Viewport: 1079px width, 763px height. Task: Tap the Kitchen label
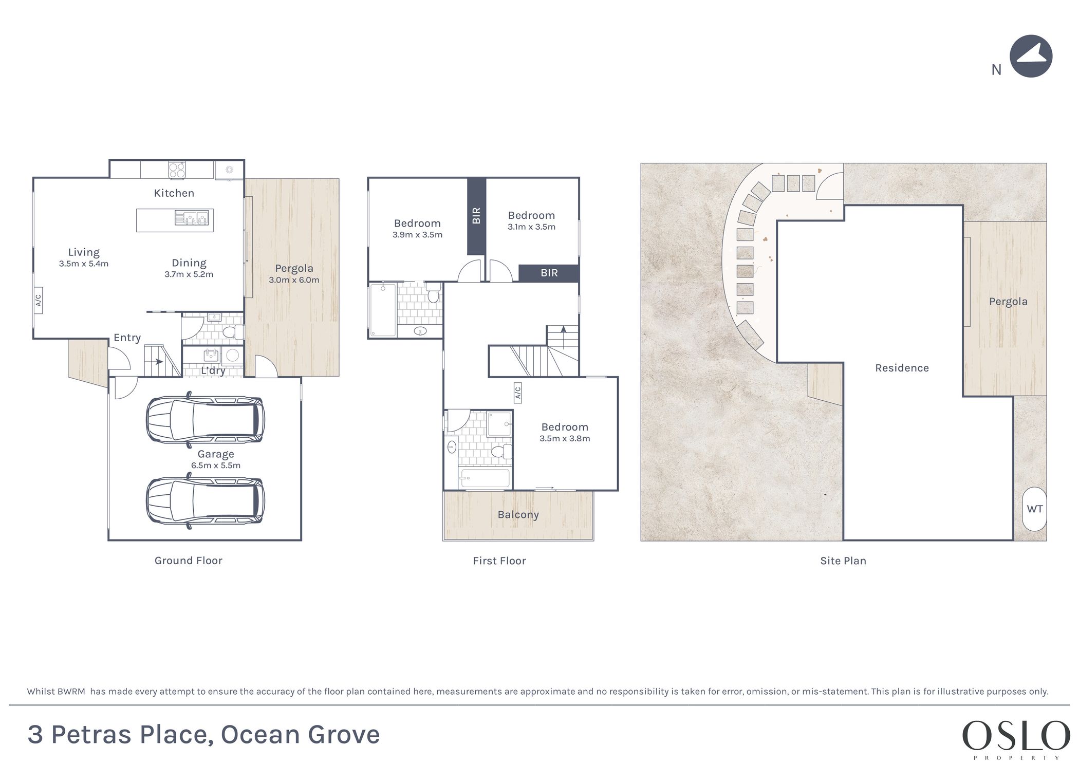point(174,193)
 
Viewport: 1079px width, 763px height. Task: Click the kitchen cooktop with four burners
point(177,170)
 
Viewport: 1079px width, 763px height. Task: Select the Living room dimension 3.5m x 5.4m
point(84,264)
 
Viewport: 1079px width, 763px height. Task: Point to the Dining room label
point(189,263)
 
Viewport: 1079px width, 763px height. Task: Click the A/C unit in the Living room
point(38,300)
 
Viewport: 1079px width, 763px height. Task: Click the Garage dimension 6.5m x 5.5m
point(216,466)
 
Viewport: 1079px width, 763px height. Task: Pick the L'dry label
point(213,370)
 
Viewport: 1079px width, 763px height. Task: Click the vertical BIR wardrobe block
point(476,216)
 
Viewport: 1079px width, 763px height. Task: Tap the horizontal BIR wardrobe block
point(549,273)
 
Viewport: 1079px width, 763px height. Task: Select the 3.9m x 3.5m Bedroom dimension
point(417,235)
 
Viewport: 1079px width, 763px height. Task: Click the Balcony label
point(518,515)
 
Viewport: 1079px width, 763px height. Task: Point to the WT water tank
point(1034,509)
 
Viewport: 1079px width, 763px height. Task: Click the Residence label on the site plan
point(902,368)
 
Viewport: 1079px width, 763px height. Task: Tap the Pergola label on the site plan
point(1008,302)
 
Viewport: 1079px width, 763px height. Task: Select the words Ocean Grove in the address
point(300,735)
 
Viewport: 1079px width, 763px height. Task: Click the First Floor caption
point(499,561)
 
